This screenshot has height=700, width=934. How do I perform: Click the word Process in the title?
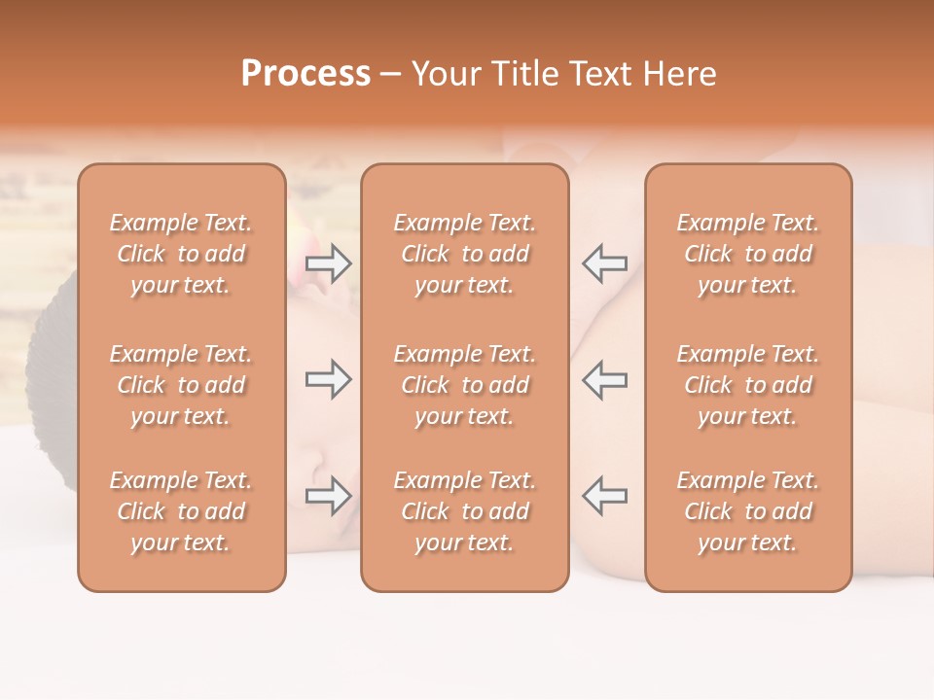click(305, 73)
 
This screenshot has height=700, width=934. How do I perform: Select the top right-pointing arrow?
click(328, 262)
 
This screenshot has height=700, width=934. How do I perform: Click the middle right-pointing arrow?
click(328, 380)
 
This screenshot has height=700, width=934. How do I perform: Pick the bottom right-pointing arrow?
click(328, 496)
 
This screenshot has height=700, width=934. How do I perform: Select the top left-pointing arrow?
click(605, 262)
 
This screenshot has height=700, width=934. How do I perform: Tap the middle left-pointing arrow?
click(605, 380)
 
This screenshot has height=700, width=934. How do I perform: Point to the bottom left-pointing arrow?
click(605, 496)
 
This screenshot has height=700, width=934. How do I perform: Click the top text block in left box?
click(181, 254)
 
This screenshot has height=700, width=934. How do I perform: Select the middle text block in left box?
click(181, 385)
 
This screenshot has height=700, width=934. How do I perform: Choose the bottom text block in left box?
click(181, 511)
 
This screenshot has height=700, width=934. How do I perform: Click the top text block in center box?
click(465, 254)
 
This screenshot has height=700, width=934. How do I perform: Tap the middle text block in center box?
click(465, 385)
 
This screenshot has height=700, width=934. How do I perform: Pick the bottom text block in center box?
click(465, 511)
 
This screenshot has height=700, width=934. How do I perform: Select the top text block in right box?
click(748, 254)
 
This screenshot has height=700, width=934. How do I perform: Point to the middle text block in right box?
click(748, 385)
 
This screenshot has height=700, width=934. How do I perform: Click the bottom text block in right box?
click(748, 511)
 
